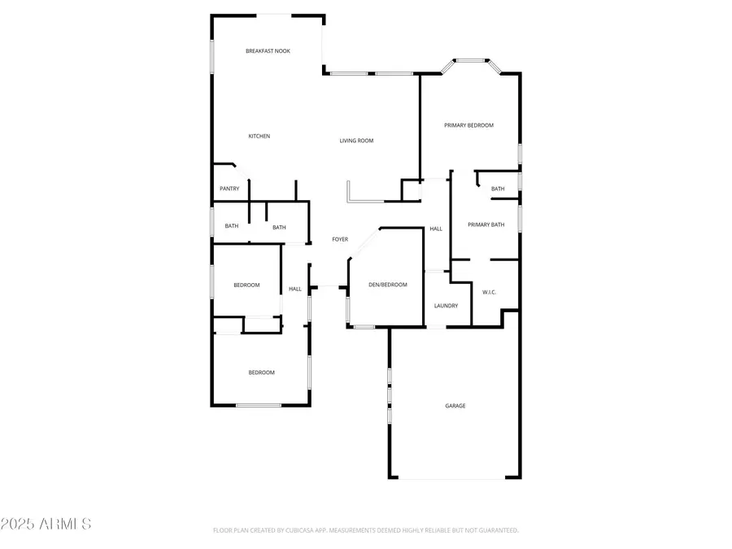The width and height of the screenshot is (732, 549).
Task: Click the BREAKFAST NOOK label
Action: pyautogui.click(x=268, y=51)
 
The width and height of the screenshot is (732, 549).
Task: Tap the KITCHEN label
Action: pyautogui.click(x=259, y=136)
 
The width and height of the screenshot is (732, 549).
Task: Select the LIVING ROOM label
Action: pyautogui.click(x=356, y=141)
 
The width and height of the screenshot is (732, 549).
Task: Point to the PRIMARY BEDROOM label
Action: pyautogui.click(x=468, y=125)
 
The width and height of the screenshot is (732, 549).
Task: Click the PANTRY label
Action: pyautogui.click(x=229, y=189)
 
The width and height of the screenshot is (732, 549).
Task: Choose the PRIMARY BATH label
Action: pyautogui.click(x=486, y=224)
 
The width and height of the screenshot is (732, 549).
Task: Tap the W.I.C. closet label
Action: pyautogui.click(x=489, y=291)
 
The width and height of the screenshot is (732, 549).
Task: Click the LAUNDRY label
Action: pyautogui.click(x=446, y=306)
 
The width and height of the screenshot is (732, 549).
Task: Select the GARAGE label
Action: pyautogui.click(x=455, y=406)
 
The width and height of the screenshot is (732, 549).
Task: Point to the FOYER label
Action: pyautogui.click(x=339, y=239)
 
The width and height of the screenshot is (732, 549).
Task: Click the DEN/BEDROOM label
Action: pyautogui.click(x=387, y=285)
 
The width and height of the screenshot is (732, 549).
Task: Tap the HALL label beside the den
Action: pyautogui.click(x=436, y=229)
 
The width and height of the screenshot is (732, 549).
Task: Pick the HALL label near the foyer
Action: pyautogui.click(x=294, y=289)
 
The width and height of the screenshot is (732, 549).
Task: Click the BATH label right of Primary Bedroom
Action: pyautogui.click(x=498, y=189)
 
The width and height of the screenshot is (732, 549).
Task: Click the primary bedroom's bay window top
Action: pyautogui.click(x=471, y=59)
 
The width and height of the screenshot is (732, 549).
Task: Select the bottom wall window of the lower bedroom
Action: pyautogui.click(x=258, y=405)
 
